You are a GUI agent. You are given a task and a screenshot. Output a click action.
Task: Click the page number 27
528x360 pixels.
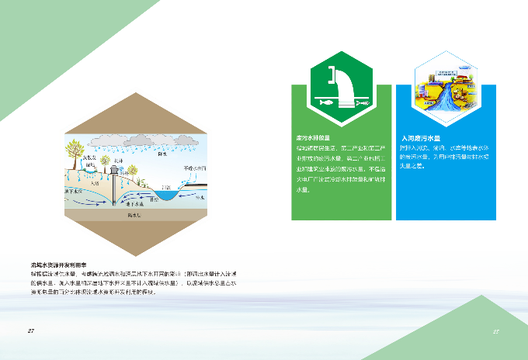tap(31, 331)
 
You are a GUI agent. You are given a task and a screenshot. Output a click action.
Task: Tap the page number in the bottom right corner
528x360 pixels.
tap(495, 331)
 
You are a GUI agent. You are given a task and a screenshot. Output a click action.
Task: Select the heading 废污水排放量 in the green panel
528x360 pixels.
tap(312, 137)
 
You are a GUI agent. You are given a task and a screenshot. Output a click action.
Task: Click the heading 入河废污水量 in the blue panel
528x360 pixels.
tap(420, 137)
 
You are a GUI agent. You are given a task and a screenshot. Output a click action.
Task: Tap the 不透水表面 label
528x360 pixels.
tap(194, 168)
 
